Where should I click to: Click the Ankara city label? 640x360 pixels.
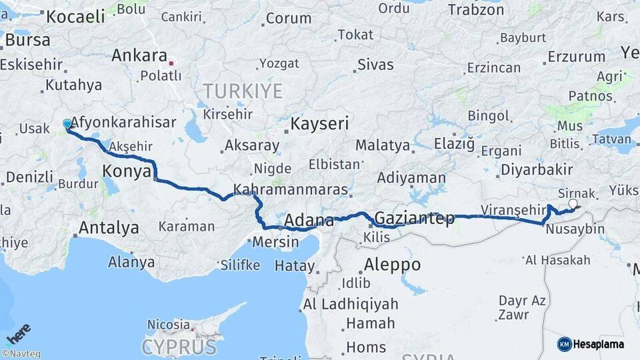click(x=139, y=56)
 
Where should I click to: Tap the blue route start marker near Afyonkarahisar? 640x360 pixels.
click(x=67, y=124)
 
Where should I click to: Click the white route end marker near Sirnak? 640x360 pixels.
click(x=573, y=203)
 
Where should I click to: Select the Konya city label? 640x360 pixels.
click(x=127, y=172)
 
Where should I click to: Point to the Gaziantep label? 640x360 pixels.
click(x=415, y=218)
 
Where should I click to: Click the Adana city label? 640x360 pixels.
click(x=309, y=221)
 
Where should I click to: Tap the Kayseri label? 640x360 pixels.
click(x=319, y=123)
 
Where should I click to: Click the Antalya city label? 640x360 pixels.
click(x=109, y=228)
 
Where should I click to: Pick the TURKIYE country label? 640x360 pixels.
click(x=243, y=91)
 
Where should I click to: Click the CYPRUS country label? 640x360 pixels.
click(x=179, y=347)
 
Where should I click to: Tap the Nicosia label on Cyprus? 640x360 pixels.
click(x=168, y=325)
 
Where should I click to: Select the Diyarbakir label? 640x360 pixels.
click(x=537, y=169)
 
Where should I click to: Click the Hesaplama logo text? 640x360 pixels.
click(x=599, y=345)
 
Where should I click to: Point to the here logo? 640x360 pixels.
click(x=18, y=334)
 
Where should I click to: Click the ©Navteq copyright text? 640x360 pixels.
click(x=21, y=354)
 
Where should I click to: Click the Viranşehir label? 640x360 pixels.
click(x=513, y=209)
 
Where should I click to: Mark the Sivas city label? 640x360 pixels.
click(x=375, y=65)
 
